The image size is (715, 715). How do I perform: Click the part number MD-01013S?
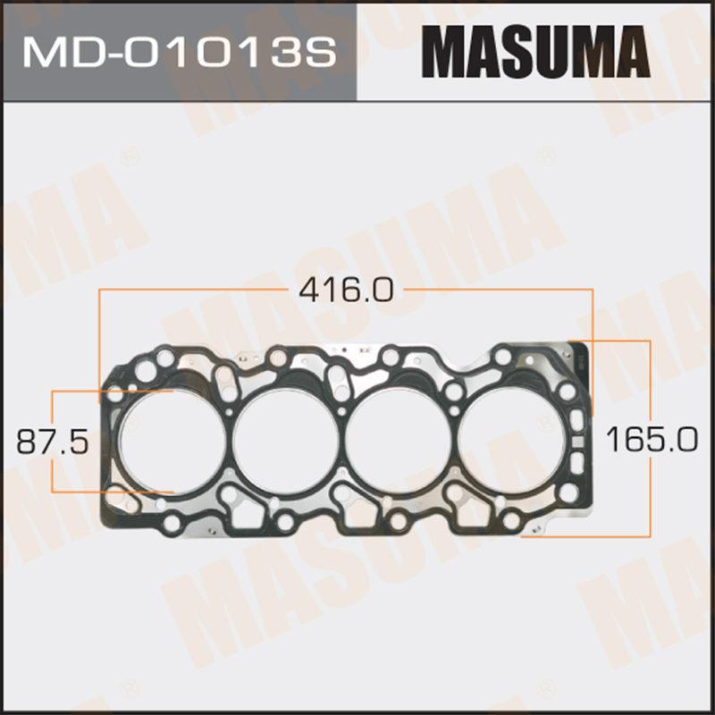180,53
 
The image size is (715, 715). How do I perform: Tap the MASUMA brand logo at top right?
535,52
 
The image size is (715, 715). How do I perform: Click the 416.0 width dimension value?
346,290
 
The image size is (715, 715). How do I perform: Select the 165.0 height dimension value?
652,439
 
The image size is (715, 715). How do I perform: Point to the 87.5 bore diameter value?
52,442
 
